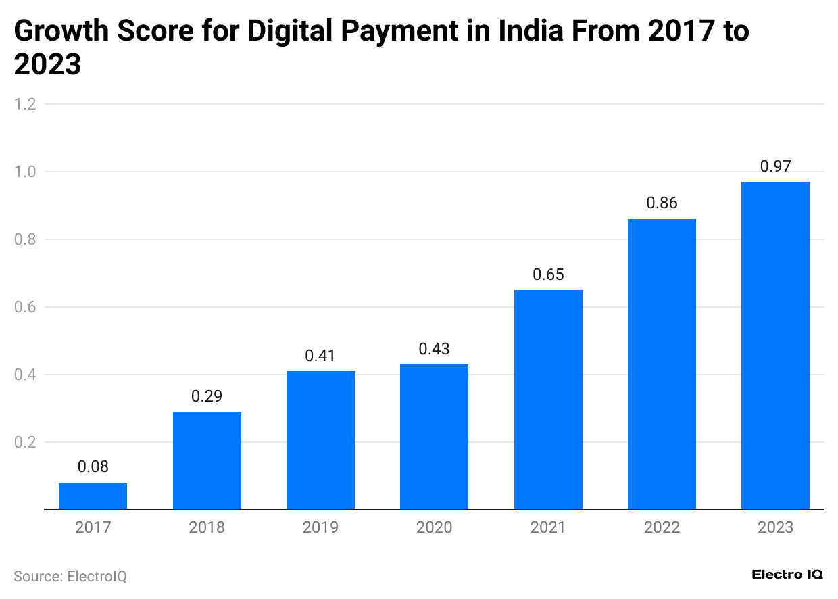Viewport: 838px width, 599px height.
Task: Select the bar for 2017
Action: click(x=93, y=496)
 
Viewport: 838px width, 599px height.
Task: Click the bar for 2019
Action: click(x=320, y=440)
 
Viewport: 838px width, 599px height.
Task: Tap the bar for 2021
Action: click(x=548, y=400)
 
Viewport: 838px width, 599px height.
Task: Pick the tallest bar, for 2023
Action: click(x=775, y=345)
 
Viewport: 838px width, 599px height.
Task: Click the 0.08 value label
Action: click(x=93, y=466)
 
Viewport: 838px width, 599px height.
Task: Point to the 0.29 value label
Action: click(x=207, y=396)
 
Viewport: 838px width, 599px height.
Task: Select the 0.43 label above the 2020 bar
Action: click(x=434, y=349)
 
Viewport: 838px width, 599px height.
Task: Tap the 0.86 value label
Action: click(x=662, y=203)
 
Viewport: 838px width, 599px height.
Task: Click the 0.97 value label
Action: click(x=775, y=166)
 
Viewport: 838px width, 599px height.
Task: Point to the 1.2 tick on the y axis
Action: click(x=25, y=104)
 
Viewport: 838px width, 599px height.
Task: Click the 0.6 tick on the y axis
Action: click(x=25, y=307)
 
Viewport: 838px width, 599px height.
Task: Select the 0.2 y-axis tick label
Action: click(x=25, y=442)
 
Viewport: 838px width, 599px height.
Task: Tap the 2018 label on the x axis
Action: click(x=207, y=527)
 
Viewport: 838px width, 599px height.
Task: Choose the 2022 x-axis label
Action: click(x=662, y=527)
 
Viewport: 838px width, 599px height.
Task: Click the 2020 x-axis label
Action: click(x=434, y=527)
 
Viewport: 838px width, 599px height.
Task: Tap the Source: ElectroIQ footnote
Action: click(x=70, y=577)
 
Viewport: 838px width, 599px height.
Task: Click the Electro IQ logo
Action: click(x=787, y=574)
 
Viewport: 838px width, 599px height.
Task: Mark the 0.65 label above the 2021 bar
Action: click(x=548, y=274)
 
